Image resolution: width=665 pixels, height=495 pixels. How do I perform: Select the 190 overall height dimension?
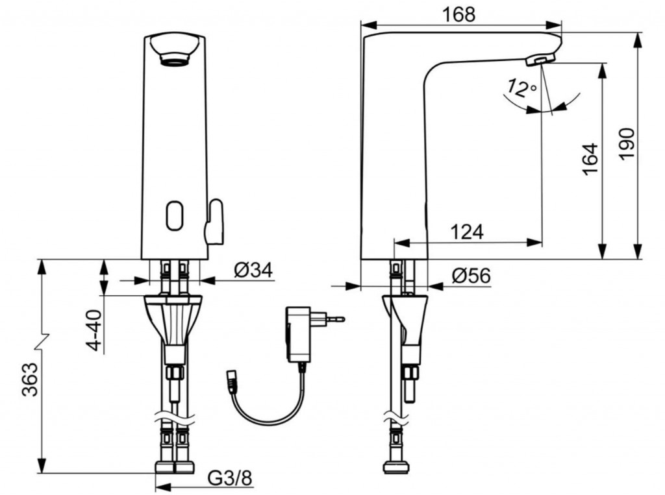pos(626,144)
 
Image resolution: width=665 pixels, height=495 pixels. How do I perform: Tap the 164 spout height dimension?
pos(590,159)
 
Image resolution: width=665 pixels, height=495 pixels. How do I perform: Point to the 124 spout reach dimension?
pos(466,232)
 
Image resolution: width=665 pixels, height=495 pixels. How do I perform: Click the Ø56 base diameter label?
pos(471,276)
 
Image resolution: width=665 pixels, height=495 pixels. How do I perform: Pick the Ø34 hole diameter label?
pos(253,269)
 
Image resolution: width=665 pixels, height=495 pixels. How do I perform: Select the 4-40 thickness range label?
pos(94,331)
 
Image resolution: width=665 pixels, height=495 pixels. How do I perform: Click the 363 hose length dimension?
pos(31,380)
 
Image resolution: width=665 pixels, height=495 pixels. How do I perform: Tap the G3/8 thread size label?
pos(230,478)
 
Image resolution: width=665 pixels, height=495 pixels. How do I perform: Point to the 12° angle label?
pos(521,88)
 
